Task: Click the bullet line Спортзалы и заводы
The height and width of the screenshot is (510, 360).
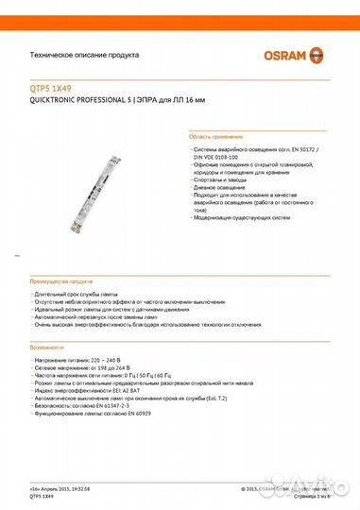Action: point(222,178)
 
